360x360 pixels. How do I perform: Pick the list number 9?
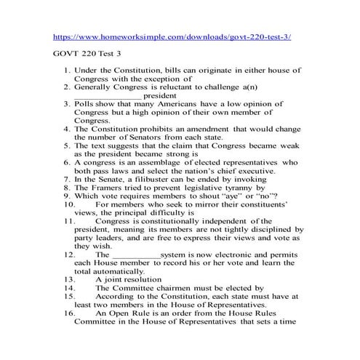66,196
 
